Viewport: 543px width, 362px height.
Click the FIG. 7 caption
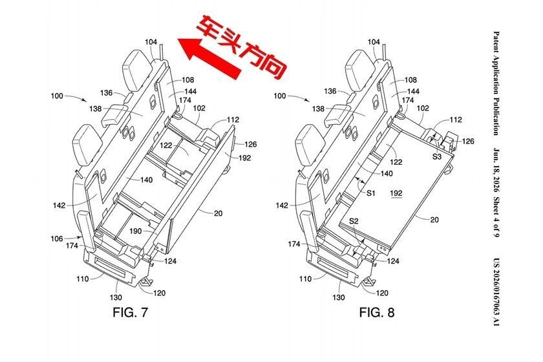pyautogui.click(x=130, y=312)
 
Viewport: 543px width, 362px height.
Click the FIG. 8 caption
pyautogui.click(x=377, y=312)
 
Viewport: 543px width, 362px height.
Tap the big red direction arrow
pyautogui.click(x=209, y=56)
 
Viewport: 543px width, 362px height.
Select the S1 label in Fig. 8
pyautogui.click(x=371, y=193)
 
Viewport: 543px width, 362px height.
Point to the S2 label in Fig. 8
pyautogui.click(x=354, y=221)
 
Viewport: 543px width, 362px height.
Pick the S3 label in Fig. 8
pyautogui.click(x=437, y=156)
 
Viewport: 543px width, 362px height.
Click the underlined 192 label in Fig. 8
pyautogui.click(x=396, y=193)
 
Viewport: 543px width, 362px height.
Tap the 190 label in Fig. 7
pyautogui.click(x=135, y=231)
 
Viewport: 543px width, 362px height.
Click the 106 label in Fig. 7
pyautogui.click(x=57, y=239)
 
